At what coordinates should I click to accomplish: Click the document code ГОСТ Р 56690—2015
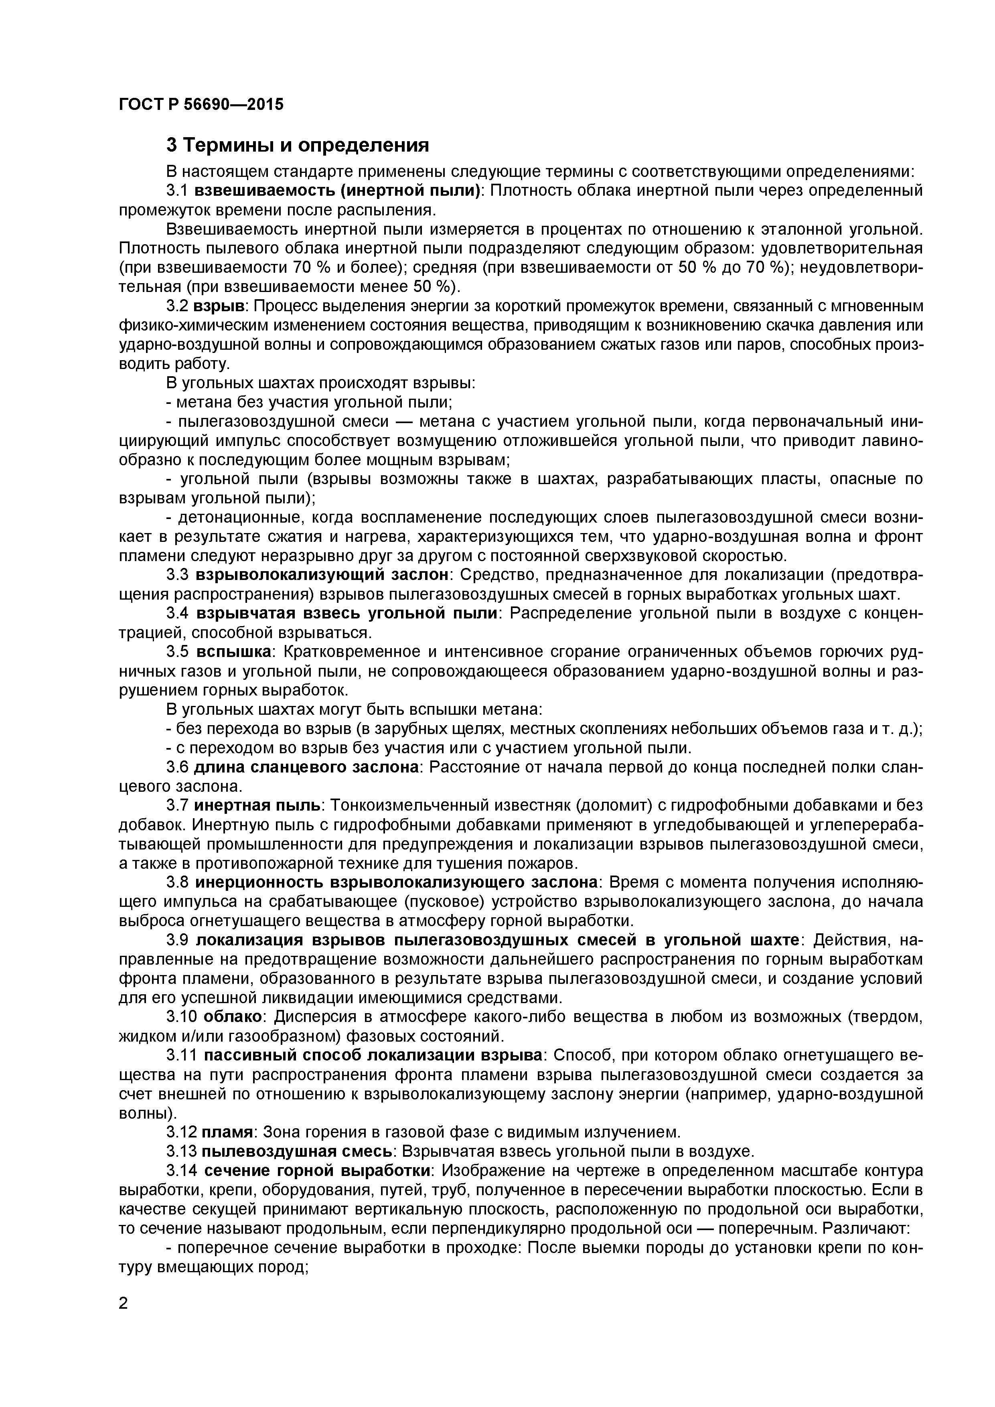point(201,104)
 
